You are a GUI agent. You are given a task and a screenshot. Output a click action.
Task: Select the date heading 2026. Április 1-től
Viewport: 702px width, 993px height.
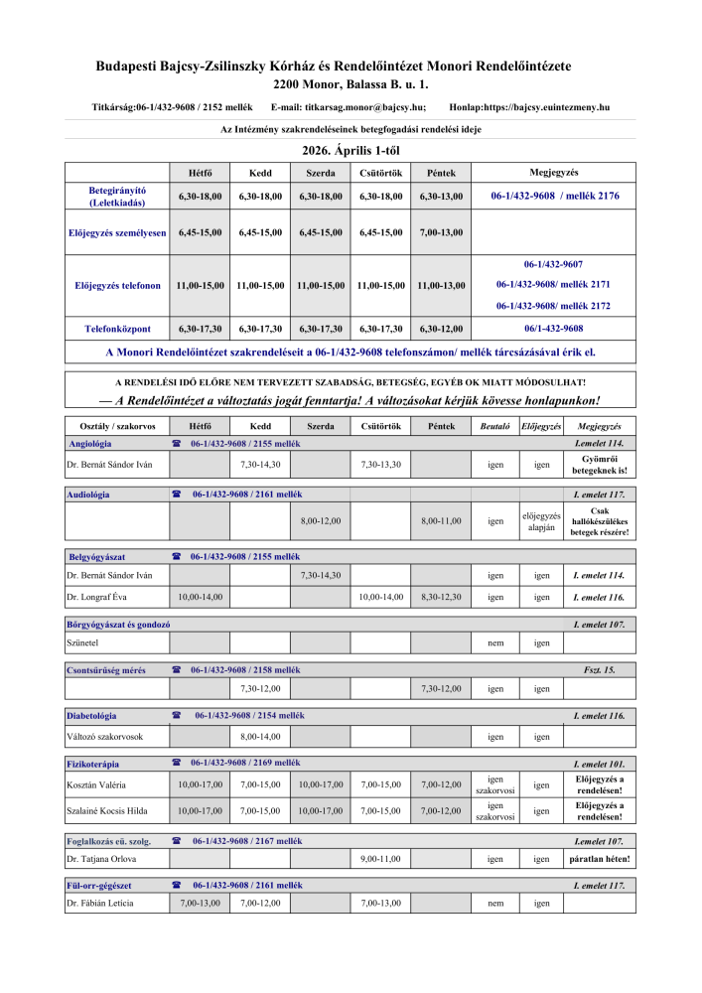pos(351,151)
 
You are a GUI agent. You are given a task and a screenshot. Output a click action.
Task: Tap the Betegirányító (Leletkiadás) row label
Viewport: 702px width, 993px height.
pos(117,196)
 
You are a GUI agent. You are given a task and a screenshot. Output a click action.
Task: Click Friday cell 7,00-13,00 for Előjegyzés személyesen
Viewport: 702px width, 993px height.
pos(441,232)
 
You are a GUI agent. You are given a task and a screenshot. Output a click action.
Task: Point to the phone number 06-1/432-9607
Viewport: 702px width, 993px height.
pos(553,264)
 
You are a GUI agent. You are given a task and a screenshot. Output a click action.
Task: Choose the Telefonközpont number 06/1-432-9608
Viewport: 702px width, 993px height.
pos(553,328)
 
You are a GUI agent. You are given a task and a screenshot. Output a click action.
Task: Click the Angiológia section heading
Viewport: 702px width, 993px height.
pos(89,443)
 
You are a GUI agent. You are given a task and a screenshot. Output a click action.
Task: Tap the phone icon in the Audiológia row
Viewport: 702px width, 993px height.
pos(177,494)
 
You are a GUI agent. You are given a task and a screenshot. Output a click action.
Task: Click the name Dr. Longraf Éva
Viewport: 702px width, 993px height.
pos(97,597)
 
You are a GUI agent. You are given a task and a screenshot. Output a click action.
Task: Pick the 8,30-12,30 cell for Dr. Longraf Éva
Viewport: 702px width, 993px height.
pos(441,597)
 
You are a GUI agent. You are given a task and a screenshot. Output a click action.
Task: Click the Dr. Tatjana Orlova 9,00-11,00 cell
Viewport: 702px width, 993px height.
pos(380,858)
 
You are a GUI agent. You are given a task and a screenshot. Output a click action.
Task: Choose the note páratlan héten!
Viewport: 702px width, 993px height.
pos(599,858)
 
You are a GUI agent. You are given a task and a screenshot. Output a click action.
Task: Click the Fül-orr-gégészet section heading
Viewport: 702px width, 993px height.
pos(99,884)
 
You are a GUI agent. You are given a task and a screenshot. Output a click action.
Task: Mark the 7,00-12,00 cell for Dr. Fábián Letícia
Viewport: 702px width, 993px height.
pos(260,903)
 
